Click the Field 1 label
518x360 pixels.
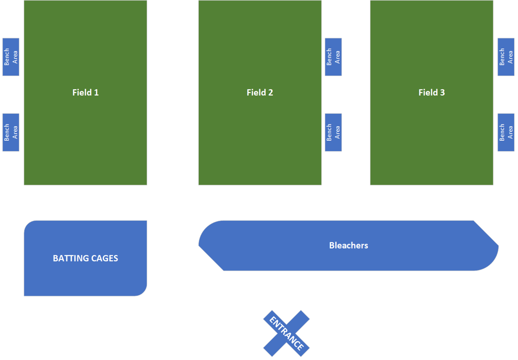(x=85, y=93)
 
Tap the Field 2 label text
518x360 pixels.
(x=260, y=93)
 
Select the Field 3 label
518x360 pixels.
(x=432, y=93)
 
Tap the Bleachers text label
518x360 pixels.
(x=349, y=245)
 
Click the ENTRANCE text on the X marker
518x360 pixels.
(x=286, y=333)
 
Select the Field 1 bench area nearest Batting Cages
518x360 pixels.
(x=11, y=132)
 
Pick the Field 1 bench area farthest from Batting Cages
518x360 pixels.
(x=11, y=57)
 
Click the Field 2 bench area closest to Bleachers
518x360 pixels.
(x=333, y=132)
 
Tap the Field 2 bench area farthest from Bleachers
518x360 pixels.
(x=333, y=57)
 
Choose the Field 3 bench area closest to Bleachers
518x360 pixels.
(x=506, y=132)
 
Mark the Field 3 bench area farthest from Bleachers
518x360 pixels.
(x=506, y=57)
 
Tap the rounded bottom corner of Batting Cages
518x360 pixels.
(x=143, y=293)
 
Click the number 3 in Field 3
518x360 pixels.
(x=442, y=93)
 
